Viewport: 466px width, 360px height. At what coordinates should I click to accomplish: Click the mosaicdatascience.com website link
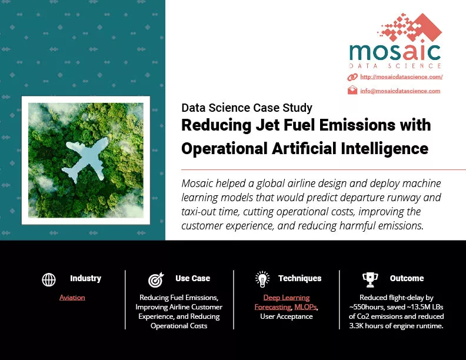401,77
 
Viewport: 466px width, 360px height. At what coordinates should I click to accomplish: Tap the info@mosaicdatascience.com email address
400,91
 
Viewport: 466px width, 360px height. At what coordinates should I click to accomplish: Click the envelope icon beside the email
352,90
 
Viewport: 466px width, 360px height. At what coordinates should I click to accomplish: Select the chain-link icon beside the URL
352,77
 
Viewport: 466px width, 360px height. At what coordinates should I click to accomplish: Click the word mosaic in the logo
395,52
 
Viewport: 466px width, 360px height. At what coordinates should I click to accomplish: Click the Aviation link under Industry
72,297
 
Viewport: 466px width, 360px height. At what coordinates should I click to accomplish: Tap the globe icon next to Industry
49,279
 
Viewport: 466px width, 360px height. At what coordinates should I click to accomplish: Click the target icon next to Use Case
156,280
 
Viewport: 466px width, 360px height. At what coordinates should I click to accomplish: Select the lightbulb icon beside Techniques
262,279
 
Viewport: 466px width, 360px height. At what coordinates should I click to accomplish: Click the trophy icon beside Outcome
370,280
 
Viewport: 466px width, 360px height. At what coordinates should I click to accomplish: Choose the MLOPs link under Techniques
305,307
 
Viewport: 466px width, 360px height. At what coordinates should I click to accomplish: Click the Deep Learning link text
287,297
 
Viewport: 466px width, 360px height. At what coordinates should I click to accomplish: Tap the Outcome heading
407,278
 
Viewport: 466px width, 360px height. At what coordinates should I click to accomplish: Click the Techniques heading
300,278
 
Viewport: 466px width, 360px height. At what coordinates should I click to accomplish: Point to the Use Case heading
192,278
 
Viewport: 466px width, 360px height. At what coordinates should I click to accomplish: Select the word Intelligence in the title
385,148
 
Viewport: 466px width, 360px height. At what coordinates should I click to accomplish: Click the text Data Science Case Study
247,108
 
